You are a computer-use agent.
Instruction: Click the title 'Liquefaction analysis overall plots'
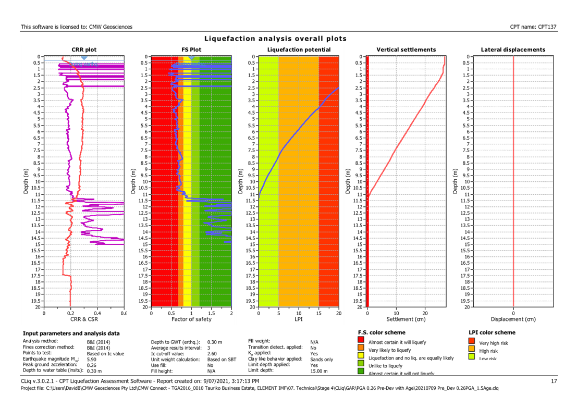(275, 39)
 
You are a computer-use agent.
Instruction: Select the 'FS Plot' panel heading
(191, 50)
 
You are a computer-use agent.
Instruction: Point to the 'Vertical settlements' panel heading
(406, 50)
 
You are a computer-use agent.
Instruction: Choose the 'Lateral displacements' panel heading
(513, 50)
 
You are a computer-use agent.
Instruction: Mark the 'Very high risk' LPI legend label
(493, 342)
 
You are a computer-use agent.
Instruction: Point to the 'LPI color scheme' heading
(492, 332)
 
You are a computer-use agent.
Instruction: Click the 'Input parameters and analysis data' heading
(71, 333)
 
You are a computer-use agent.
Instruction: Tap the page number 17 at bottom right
(554, 381)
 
